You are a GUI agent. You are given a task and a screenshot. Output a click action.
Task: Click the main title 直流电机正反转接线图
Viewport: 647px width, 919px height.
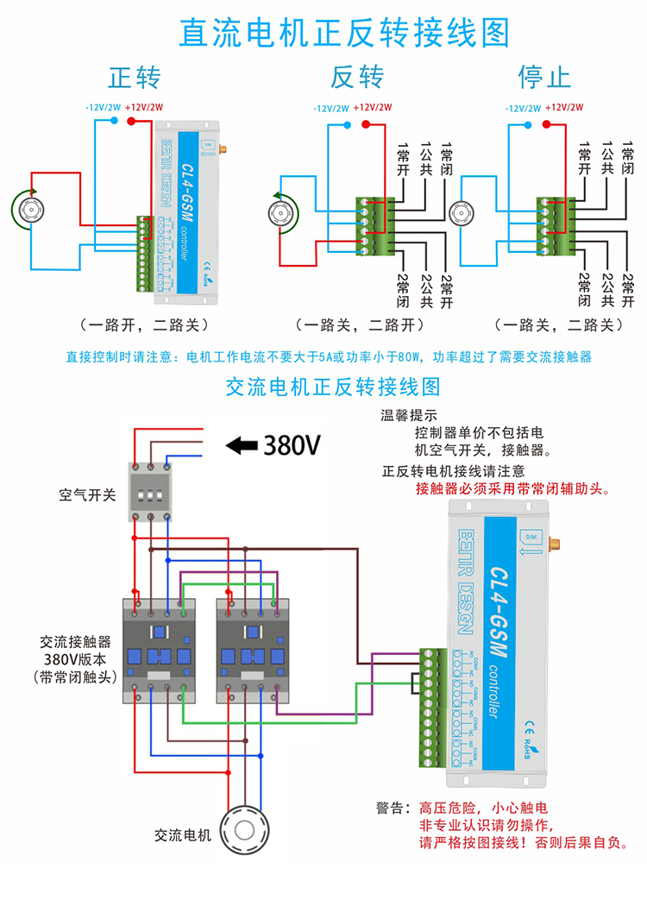point(344,33)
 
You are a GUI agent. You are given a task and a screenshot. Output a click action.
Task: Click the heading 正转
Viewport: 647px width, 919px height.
point(135,78)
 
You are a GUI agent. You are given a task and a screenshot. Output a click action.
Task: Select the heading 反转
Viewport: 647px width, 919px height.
point(357,78)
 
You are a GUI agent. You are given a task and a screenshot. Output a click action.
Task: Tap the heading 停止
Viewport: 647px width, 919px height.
point(544,78)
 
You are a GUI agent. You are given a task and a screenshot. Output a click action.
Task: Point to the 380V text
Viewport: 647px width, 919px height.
point(292,445)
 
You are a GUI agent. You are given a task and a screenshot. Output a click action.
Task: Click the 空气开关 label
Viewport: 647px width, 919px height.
point(87,495)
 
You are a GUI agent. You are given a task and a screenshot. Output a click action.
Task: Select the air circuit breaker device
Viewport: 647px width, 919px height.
point(150,492)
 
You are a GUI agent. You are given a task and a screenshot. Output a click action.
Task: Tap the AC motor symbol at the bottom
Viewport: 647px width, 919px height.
point(244,832)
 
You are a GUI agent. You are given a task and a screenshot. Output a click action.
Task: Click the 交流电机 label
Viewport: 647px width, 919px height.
point(183,835)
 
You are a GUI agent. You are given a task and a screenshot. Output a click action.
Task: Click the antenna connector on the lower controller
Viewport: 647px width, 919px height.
point(554,545)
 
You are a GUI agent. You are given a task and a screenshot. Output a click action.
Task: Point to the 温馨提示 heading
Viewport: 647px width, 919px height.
point(410,415)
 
